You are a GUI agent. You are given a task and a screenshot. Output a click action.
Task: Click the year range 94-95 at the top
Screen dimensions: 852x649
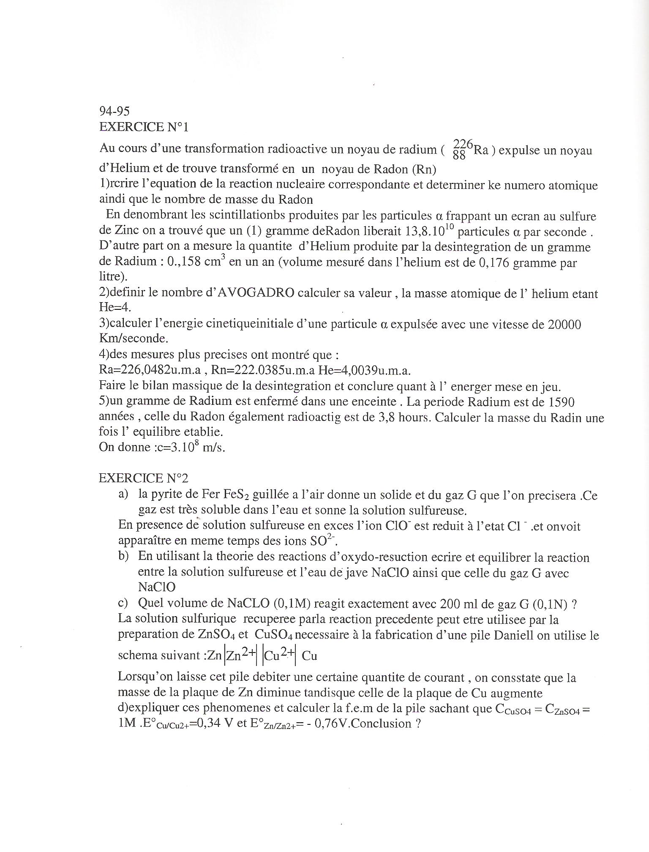tap(115, 111)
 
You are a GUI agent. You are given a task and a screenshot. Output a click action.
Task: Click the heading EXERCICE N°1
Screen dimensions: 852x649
tap(143, 127)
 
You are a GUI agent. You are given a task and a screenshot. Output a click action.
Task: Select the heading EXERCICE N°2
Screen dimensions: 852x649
tap(143, 478)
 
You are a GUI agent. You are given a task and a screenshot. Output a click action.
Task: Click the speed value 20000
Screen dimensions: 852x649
tap(564, 324)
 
